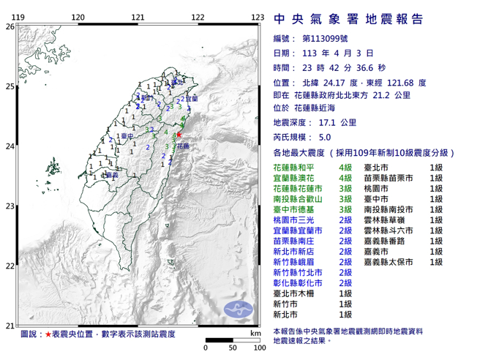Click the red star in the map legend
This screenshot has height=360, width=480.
[48, 334]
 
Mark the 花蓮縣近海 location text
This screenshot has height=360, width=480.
[323, 108]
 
